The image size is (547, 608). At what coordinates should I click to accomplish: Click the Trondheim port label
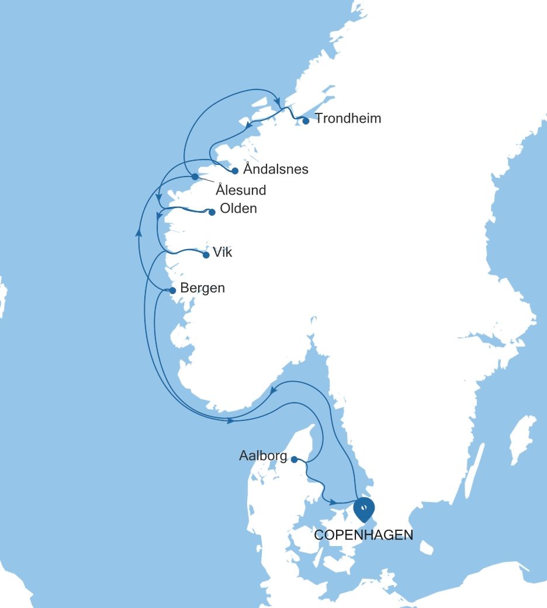tap(348, 119)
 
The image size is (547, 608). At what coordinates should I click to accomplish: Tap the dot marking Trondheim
tap(306, 121)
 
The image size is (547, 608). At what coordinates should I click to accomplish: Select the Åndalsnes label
tap(275, 170)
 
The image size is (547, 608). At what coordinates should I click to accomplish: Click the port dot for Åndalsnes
tap(235, 171)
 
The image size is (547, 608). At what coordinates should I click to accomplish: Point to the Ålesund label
tap(241, 190)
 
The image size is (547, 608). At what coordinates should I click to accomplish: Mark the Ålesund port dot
tap(195, 177)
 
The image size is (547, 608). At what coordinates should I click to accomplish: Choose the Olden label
tap(238, 209)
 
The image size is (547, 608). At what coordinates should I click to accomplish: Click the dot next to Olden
tap(212, 212)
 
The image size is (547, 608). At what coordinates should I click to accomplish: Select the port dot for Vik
tap(206, 255)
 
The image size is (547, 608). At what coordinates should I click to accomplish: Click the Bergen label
tap(202, 288)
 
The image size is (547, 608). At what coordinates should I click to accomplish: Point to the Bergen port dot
tap(172, 291)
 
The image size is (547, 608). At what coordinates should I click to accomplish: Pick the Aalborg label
tap(264, 455)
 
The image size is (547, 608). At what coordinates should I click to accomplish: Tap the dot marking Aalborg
tap(295, 460)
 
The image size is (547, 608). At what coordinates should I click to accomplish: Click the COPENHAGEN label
tap(363, 535)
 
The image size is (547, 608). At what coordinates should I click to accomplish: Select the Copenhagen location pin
tap(363, 509)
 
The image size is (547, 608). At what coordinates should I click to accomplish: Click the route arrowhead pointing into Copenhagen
tap(333, 502)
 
